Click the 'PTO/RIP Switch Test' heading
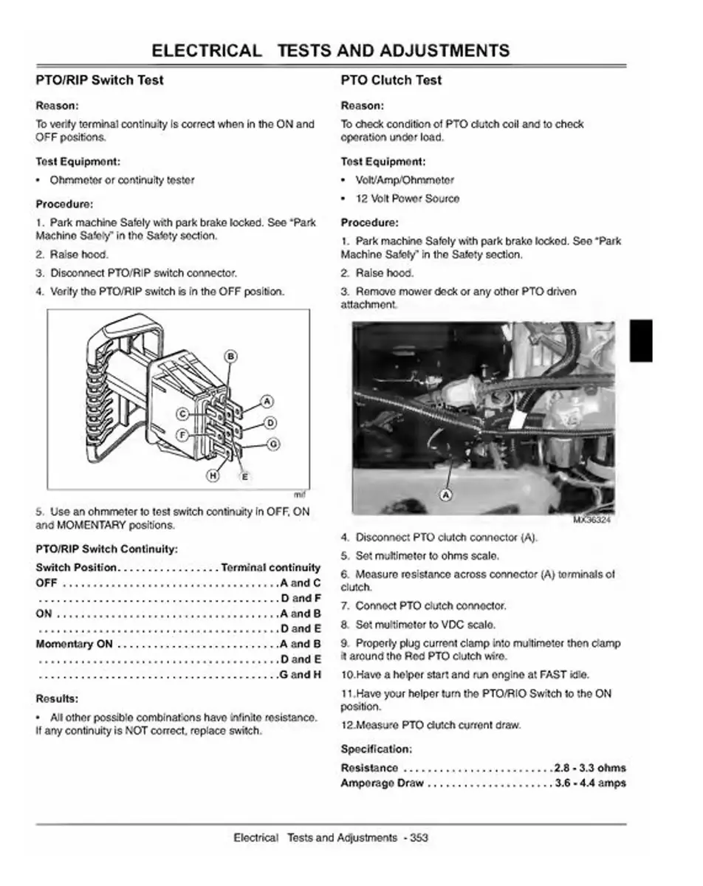click(100, 80)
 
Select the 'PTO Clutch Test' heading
click(391, 80)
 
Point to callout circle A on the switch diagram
click(267, 402)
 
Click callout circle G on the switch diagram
click(272, 444)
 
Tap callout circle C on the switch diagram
click(181, 414)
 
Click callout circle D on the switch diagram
click(270, 422)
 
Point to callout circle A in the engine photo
click(446, 495)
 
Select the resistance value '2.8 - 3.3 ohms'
click(590, 768)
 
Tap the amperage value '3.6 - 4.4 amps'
click(590, 783)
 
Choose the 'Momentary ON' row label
click(74, 644)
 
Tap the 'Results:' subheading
click(57, 698)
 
